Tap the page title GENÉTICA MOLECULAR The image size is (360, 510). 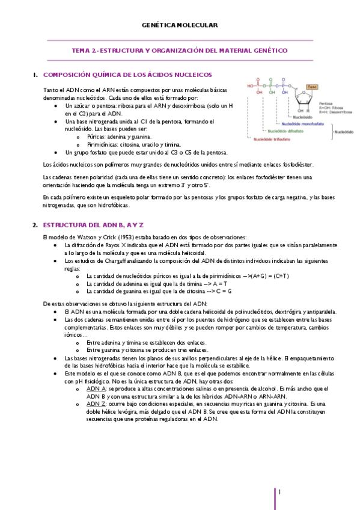[x=180, y=25]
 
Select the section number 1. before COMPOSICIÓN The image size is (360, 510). [x=35, y=75]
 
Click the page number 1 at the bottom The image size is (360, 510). [x=279, y=493]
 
